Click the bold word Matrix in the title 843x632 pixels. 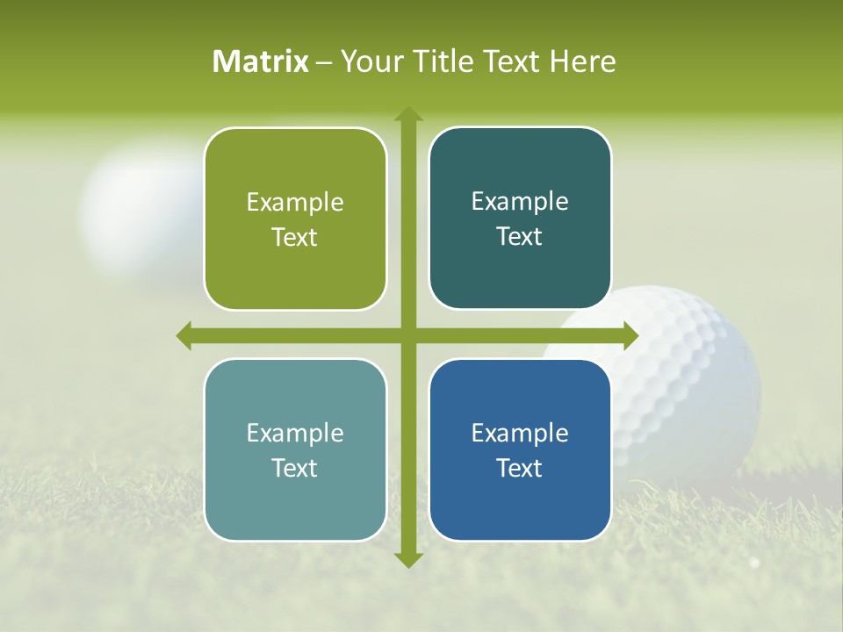pos(261,61)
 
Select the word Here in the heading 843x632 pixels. pos(583,61)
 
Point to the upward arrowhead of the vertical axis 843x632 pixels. pos(407,115)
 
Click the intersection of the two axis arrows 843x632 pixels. pos(407,335)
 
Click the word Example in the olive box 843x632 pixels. pos(295,203)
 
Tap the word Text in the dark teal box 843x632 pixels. pos(520,237)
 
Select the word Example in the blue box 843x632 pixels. pos(520,433)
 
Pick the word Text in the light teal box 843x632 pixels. pos(295,468)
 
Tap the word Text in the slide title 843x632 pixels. pos(511,61)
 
